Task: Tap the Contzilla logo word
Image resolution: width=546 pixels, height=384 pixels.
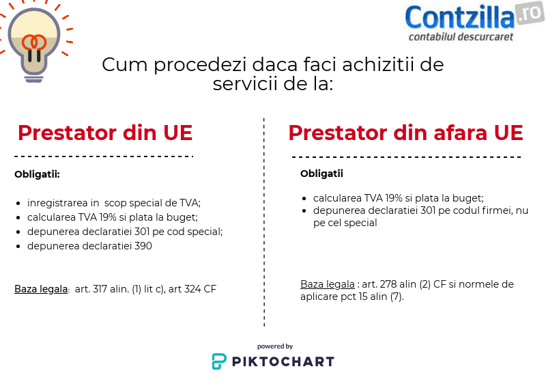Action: [x=459, y=17]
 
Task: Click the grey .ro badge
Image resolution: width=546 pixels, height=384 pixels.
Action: [x=530, y=13]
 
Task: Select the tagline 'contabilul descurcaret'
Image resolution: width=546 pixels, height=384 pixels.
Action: [x=461, y=37]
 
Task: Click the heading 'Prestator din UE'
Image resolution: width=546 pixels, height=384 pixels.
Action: [x=105, y=133]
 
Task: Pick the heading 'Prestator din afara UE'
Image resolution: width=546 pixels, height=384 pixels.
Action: [x=405, y=133]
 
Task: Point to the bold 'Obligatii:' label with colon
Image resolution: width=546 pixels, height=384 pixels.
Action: [x=37, y=174]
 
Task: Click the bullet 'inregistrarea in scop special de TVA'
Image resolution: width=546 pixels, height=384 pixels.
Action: [x=114, y=203]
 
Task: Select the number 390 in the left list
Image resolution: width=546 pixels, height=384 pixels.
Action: [x=143, y=246]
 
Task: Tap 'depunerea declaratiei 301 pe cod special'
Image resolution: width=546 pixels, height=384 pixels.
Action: [x=125, y=232]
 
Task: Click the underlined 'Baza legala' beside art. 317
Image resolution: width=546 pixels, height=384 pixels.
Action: [x=41, y=289]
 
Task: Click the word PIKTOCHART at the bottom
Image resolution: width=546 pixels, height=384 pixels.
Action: [x=283, y=361]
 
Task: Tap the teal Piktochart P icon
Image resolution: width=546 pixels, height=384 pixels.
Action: [x=219, y=361]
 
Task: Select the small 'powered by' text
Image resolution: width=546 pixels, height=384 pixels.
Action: [x=275, y=346]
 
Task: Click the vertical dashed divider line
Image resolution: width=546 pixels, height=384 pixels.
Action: [x=264, y=222]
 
